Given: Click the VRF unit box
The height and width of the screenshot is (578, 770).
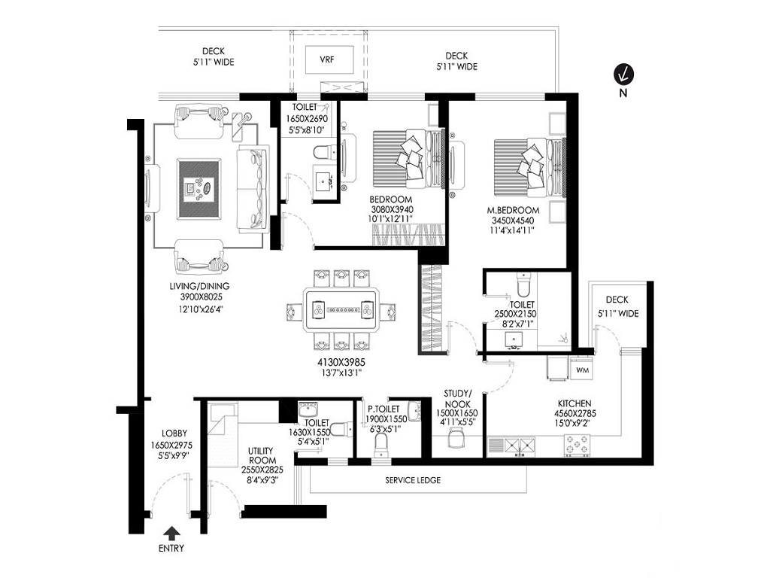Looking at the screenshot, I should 326,59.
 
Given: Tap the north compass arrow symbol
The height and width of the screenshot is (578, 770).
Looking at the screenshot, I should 623,74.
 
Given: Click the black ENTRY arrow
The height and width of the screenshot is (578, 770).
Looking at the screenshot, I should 172,534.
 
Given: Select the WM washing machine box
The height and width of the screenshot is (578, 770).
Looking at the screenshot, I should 581,370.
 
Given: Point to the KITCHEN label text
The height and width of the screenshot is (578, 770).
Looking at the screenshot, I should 574,403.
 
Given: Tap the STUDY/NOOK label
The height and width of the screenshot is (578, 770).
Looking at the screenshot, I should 456,398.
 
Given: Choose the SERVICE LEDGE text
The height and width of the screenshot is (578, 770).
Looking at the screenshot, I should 413,480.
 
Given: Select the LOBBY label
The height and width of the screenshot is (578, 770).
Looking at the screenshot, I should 174,433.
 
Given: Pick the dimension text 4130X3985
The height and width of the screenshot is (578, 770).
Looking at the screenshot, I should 340,362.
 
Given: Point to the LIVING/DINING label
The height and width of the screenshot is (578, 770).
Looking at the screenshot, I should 199,286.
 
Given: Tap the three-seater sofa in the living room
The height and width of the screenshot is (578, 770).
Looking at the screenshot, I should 250,187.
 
